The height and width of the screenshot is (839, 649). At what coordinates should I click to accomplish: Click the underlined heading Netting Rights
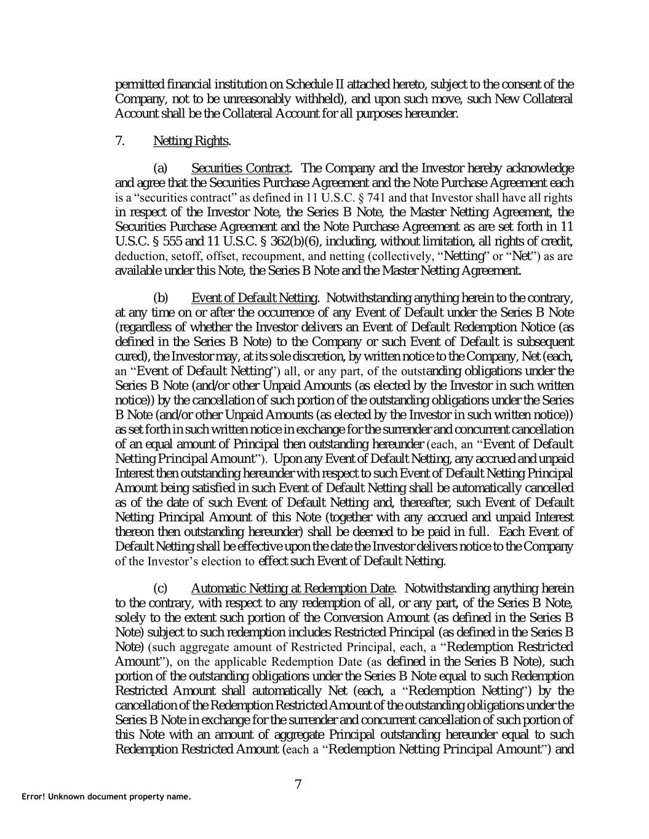click(191, 141)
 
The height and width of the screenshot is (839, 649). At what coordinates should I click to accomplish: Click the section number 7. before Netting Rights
click(121, 141)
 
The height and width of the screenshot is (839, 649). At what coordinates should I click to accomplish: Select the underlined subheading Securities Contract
click(240, 168)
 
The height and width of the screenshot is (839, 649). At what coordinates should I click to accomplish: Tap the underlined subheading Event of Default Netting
click(254, 298)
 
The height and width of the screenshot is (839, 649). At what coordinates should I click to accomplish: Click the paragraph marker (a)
click(160, 168)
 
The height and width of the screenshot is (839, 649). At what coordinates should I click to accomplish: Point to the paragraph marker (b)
click(160, 298)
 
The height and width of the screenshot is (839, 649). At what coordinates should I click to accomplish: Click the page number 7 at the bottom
click(298, 784)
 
